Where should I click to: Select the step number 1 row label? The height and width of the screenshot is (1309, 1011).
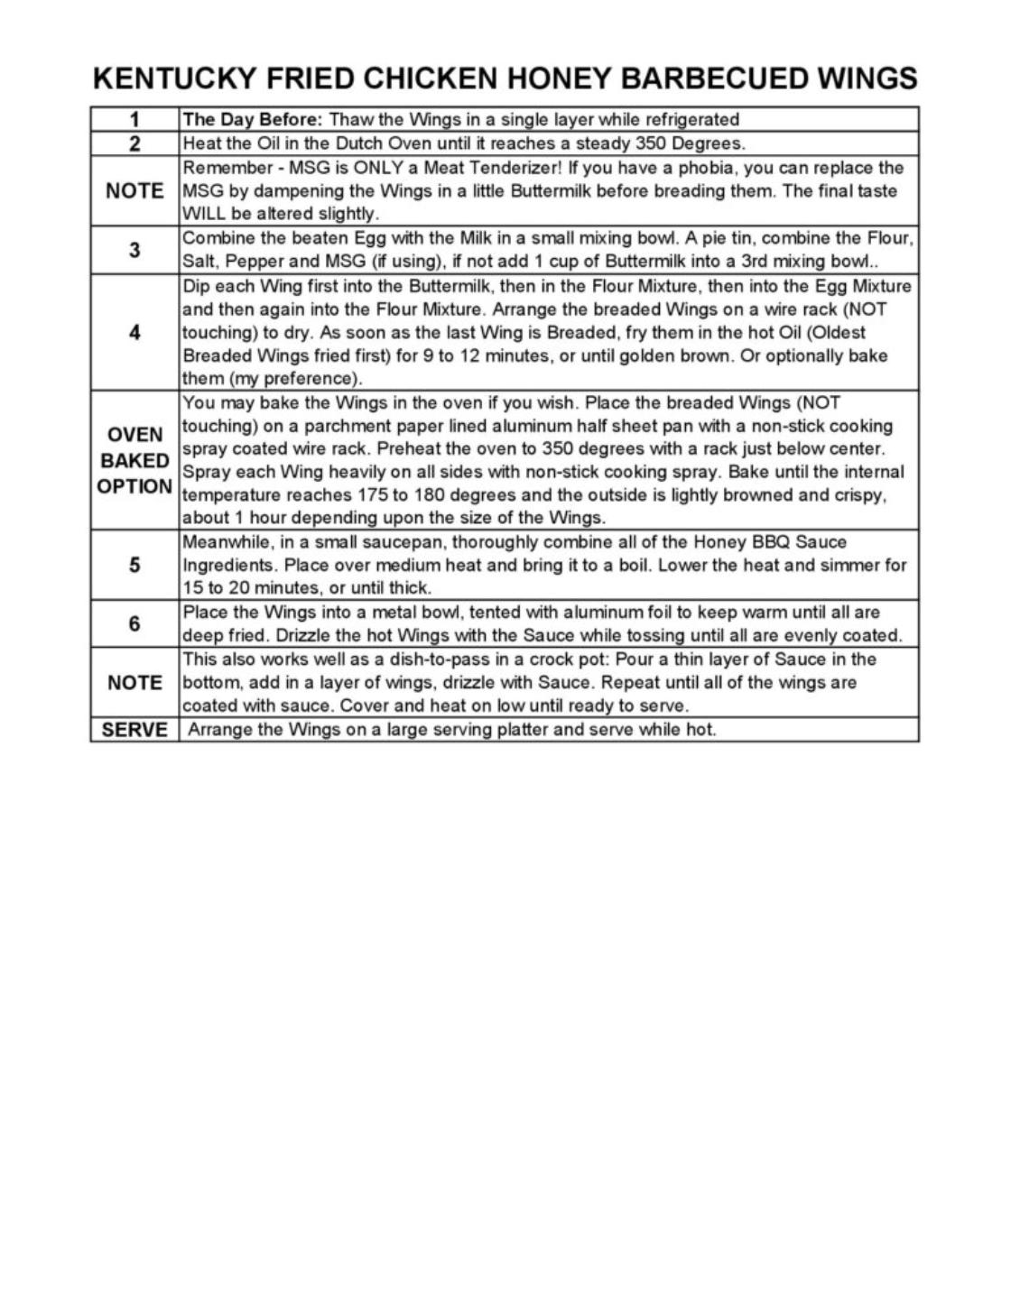(x=134, y=119)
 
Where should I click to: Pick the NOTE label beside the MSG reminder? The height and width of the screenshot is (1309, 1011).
(x=134, y=190)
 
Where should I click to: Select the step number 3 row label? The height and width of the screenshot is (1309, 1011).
(x=134, y=250)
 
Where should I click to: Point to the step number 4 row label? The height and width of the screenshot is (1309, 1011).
(x=134, y=332)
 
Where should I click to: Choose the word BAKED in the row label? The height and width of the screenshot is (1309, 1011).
(x=134, y=460)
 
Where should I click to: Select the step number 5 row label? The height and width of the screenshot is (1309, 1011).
(x=134, y=565)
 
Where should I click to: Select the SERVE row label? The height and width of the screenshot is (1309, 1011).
(x=134, y=729)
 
